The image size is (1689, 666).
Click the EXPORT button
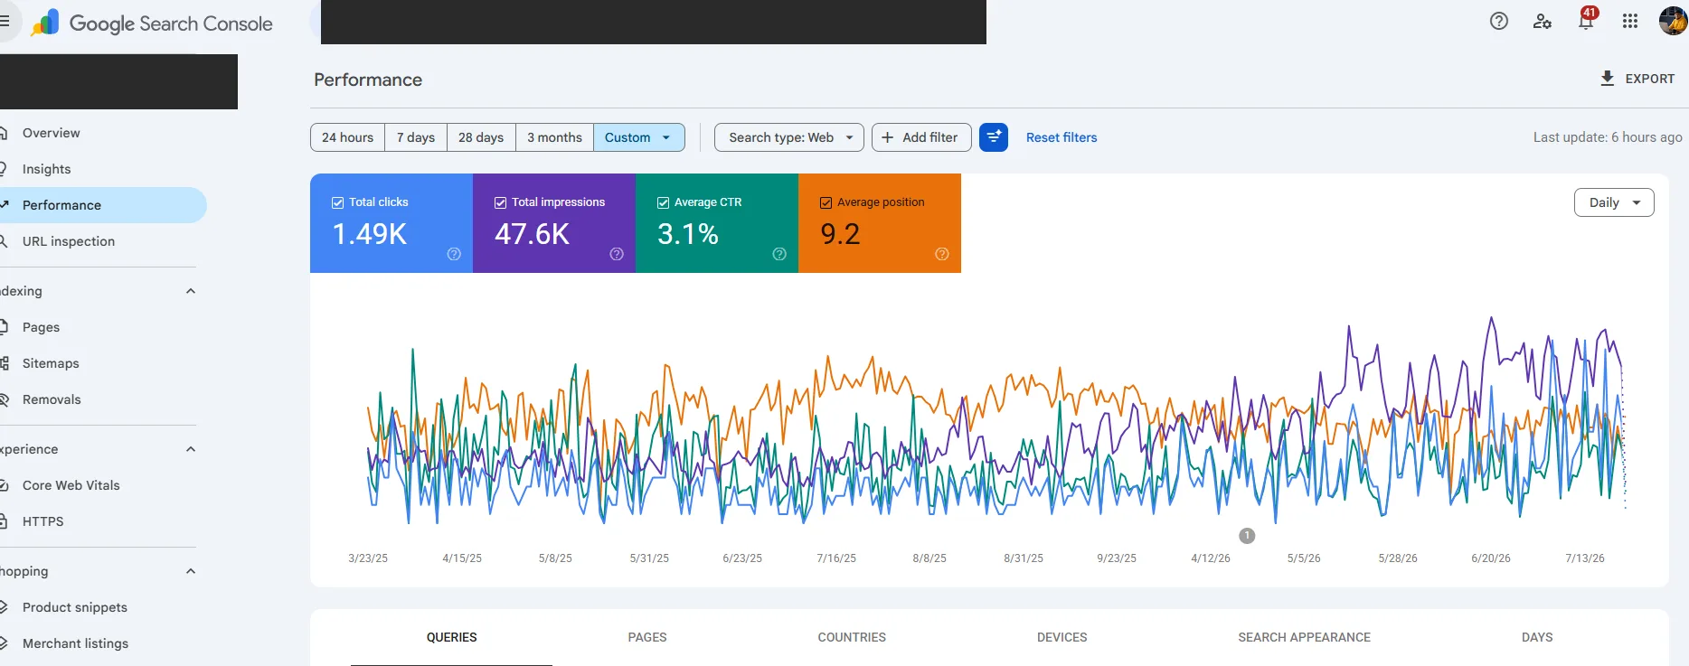click(x=1637, y=79)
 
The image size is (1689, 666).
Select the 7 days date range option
click(x=416, y=137)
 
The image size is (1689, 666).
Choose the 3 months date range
click(x=554, y=137)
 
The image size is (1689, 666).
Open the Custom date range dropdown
click(x=638, y=137)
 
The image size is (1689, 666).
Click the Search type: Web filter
click(x=789, y=137)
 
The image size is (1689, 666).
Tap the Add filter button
click(x=921, y=137)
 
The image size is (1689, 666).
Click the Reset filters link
click(x=1062, y=137)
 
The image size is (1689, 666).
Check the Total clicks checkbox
click(x=337, y=202)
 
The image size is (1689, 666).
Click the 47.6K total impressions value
click(x=532, y=234)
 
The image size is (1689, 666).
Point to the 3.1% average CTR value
click(x=688, y=234)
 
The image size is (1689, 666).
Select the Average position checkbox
click(x=826, y=202)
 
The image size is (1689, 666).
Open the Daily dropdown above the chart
click(x=1614, y=202)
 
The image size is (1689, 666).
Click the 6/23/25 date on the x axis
click(x=742, y=558)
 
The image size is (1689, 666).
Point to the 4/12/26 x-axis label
click(x=1211, y=558)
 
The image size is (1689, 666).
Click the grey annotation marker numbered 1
click(x=1247, y=536)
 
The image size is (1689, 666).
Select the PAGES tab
click(x=647, y=637)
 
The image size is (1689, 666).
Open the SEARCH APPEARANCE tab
click(x=1304, y=637)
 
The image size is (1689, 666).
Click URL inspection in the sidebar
click(x=69, y=241)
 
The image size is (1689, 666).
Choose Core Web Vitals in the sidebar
click(x=71, y=485)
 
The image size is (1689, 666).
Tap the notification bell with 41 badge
click(x=1587, y=21)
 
